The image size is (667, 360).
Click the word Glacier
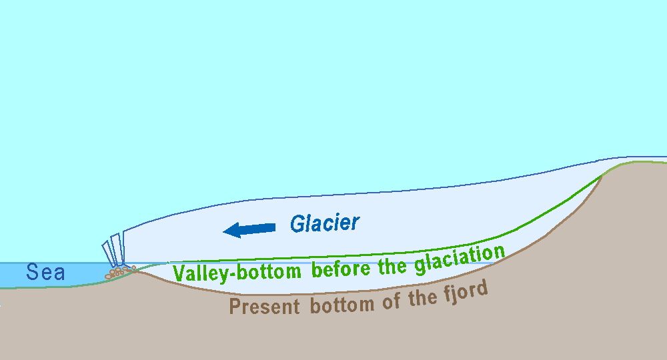point(325,223)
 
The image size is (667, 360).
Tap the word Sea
point(45,272)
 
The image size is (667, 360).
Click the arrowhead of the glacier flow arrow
point(231,231)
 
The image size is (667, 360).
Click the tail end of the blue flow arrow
point(272,227)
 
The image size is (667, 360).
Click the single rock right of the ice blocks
point(133,268)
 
